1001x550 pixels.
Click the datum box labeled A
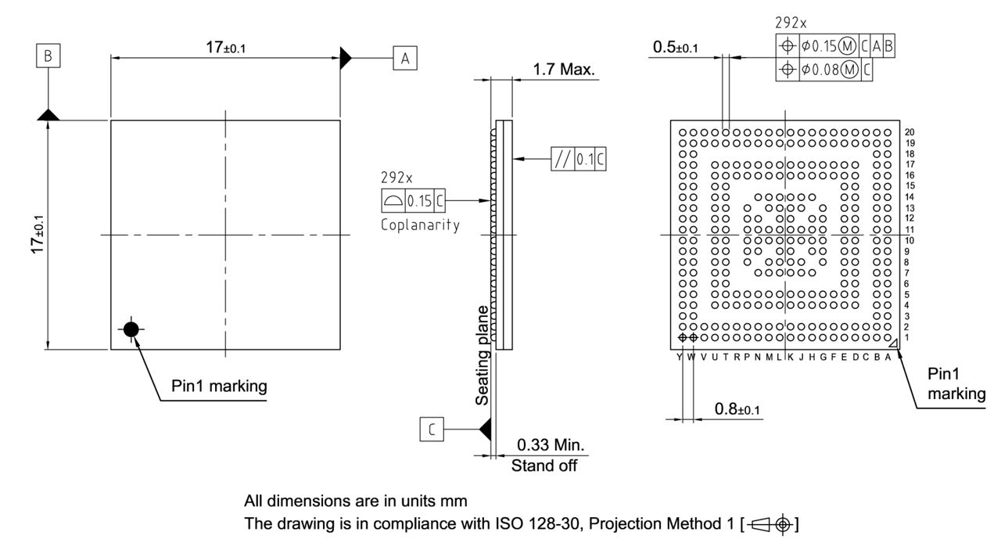404,58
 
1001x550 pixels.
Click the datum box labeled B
48,56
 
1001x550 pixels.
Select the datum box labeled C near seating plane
432,429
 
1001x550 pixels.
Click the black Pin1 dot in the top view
131,329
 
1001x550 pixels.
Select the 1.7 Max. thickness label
563,70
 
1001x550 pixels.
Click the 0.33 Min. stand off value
551,446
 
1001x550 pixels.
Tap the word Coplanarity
420,225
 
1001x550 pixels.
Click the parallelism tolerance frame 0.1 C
578,159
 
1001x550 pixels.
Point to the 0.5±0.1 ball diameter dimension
676,49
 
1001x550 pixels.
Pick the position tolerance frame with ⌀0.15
834,47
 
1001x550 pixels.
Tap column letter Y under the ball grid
680,357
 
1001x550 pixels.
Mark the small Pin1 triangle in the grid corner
893,341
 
